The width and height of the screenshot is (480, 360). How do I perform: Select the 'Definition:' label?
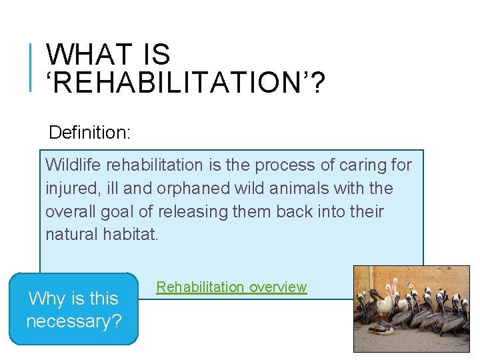[x=89, y=132]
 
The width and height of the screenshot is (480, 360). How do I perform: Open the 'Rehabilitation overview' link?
[x=231, y=287]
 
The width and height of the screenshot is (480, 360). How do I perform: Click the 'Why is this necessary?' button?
[x=74, y=309]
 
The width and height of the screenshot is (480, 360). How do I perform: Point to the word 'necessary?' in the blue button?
[x=74, y=321]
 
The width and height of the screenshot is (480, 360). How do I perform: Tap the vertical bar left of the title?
[x=31, y=66]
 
